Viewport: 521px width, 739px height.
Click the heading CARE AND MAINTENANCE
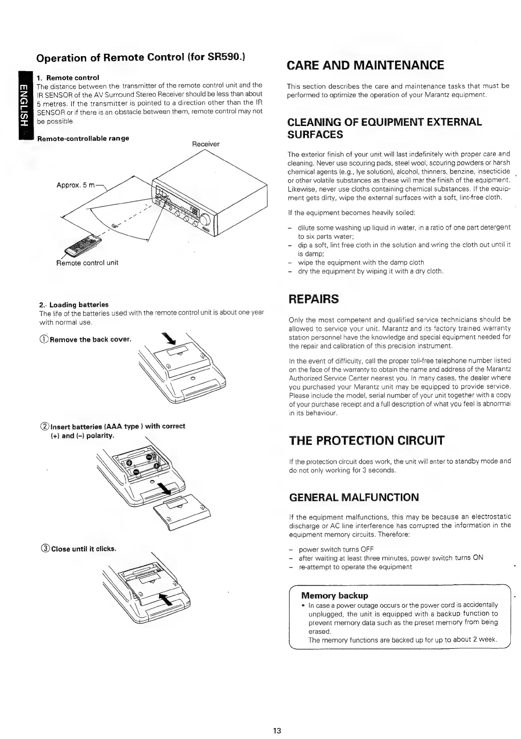click(x=365, y=65)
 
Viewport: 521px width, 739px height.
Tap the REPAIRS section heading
click(x=313, y=299)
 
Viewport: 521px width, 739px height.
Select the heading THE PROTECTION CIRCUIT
click(x=366, y=441)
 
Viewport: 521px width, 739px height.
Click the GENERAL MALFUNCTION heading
click(x=354, y=497)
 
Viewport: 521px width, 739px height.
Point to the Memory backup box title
click(x=334, y=595)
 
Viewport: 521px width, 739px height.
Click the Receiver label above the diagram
click(x=205, y=144)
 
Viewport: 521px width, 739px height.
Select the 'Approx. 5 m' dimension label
click(x=76, y=186)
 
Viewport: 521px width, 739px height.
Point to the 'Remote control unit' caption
click(x=87, y=263)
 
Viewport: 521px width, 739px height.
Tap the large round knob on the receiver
click(x=205, y=220)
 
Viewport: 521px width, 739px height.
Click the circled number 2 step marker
click(x=44, y=427)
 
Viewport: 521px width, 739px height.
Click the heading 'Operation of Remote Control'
click(x=141, y=58)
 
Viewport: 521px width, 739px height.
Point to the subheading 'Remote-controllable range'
click(x=83, y=138)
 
